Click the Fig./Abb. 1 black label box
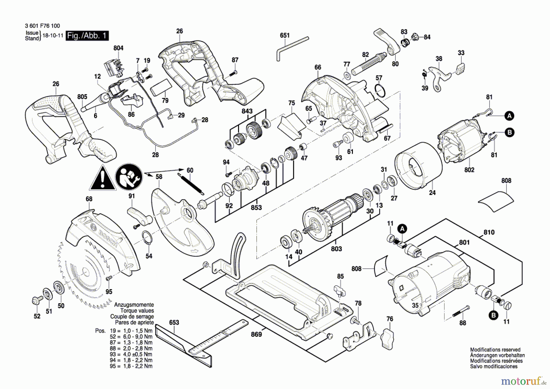click(x=87, y=36)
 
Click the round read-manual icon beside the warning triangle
click(x=129, y=177)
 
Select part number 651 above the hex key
click(x=284, y=36)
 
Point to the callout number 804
click(x=118, y=48)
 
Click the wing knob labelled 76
click(x=387, y=339)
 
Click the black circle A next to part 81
click(x=509, y=116)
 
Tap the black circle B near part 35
click(x=493, y=316)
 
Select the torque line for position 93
click(x=131, y=354)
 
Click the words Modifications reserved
click(x=495, y=350)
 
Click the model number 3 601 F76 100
click(x=42, y=26)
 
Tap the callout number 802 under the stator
click(x=469, y=170)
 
